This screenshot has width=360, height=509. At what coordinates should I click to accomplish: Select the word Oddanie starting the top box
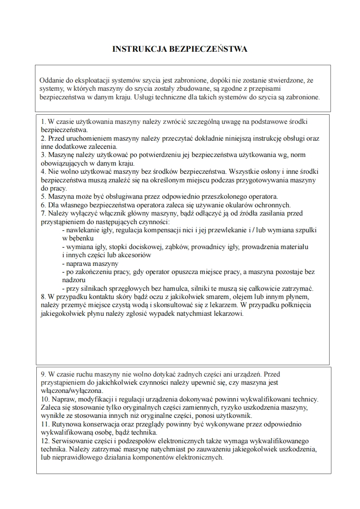click(51, 80)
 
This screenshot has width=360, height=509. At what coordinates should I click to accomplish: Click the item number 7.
click(43, 213)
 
